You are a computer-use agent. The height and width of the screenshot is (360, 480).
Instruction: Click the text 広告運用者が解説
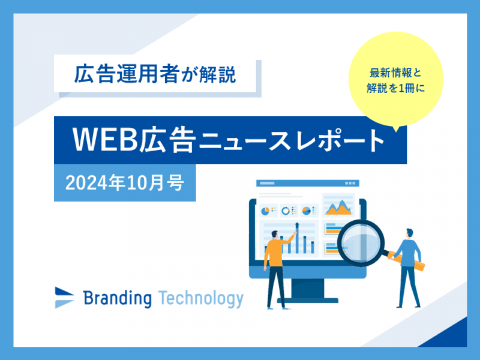(155, 74)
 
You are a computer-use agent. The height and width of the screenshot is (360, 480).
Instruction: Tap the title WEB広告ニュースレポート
(229, 140)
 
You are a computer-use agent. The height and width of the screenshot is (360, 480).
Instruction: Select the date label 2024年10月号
(125, 183)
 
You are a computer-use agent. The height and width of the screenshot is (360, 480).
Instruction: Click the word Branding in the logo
(117, 298)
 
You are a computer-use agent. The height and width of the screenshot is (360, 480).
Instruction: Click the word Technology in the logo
(201, 299)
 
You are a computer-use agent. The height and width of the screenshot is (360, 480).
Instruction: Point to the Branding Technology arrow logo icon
(64, 298)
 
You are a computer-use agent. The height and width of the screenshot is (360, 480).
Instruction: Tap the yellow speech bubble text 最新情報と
(395, 73)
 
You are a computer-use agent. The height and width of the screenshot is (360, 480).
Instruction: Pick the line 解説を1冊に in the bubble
(395, 88)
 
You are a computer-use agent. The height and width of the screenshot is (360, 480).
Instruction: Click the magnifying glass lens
(361, 242)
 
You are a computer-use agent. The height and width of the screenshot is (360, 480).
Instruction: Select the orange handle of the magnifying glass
(407, 261)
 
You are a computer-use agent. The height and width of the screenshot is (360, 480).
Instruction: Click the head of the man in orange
(275, 235)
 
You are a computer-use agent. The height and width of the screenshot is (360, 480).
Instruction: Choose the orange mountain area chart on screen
(338, 208)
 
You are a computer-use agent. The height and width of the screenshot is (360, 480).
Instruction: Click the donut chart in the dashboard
(286, 211)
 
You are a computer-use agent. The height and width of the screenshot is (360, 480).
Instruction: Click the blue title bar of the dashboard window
(308, 183)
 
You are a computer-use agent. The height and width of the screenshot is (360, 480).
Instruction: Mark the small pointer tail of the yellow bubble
(397, 128)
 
